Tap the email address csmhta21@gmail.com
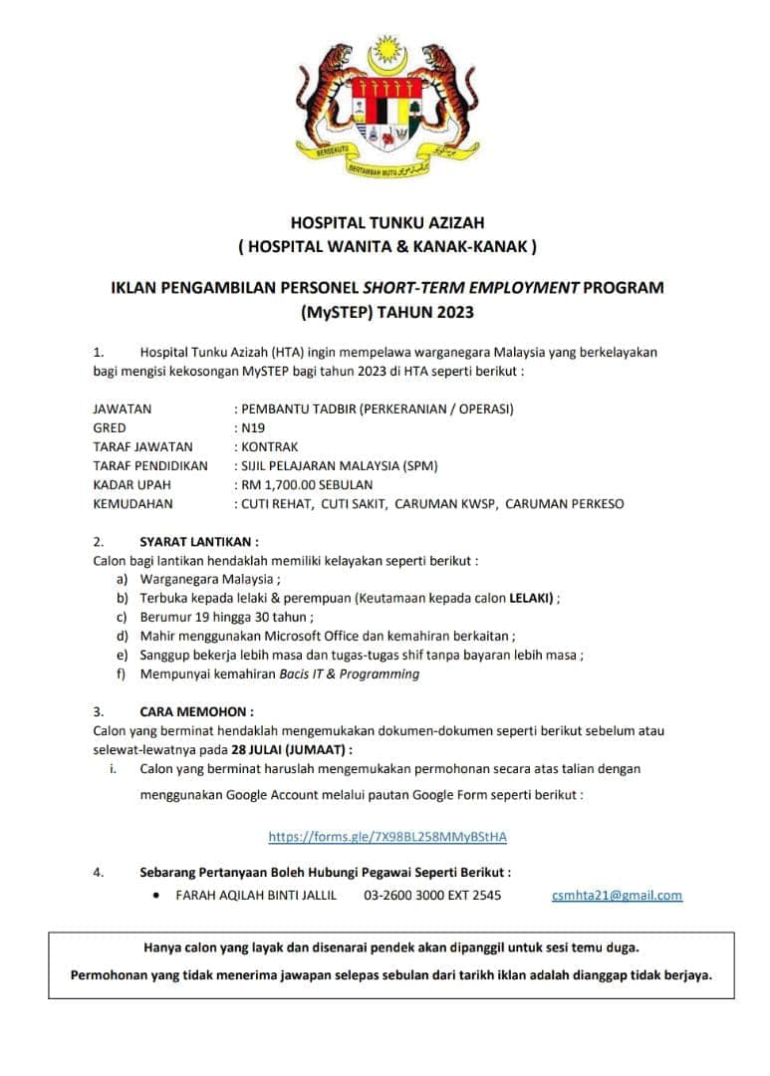pyautogui.click(x=617, y=895)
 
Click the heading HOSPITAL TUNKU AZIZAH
pyautogui.click(x=386, y=223)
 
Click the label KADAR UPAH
pyautogui.click(x=131, y=484)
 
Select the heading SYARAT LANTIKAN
pyautogui.click(x=199, y=542)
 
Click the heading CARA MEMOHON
pyautogui.click(x=196, y=712)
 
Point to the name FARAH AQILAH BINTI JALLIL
pyautogui.click(x=256, y=895)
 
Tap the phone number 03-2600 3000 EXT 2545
pyautogui.click(x=432, y=895)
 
